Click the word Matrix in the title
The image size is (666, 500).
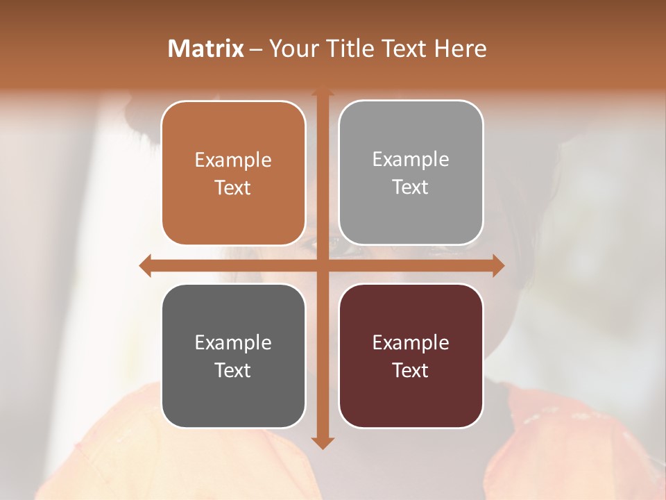206,49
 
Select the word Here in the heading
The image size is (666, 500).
461,49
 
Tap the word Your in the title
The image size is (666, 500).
291,49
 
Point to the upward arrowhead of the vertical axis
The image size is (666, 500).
323,92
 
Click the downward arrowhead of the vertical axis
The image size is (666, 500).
323,442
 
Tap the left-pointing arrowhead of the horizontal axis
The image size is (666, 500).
146,265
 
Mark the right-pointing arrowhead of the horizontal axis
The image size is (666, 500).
498,265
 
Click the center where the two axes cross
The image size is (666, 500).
323,265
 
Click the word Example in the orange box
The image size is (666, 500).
233,160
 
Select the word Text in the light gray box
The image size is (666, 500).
411,187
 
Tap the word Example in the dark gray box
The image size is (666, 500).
233,343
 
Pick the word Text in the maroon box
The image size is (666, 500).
411,370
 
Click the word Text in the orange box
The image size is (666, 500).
233,188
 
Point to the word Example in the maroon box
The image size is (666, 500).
411,343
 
